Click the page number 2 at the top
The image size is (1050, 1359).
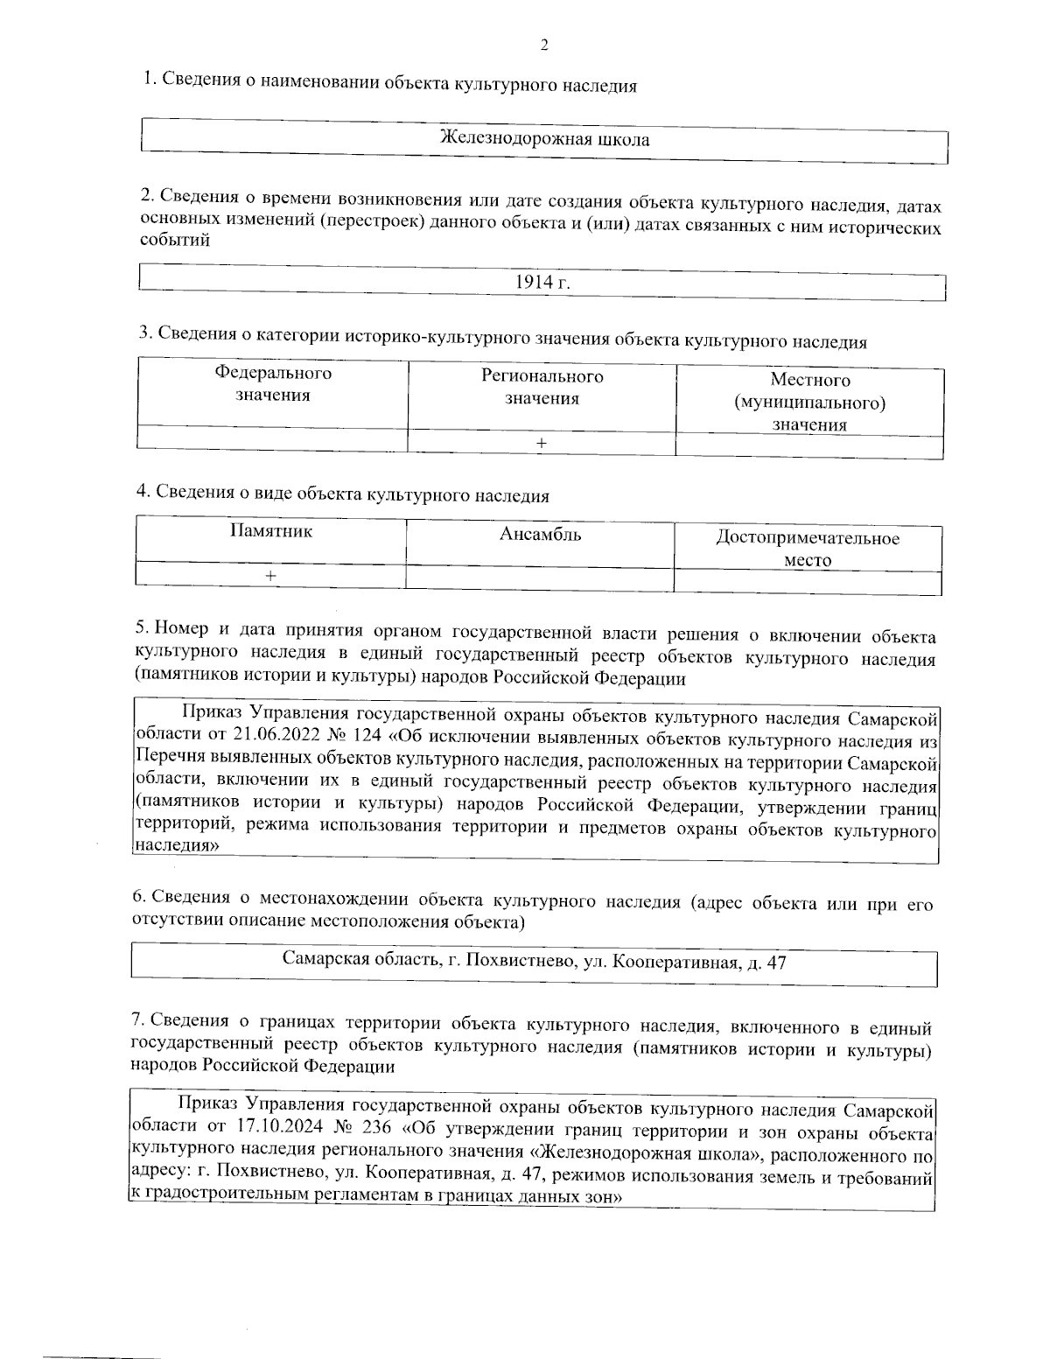coord(544,46)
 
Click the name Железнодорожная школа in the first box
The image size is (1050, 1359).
coord(543,139)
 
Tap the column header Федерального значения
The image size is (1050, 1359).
coord(273,384)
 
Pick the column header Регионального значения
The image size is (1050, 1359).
coord(542,388)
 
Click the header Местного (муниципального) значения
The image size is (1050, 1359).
coord(809,403)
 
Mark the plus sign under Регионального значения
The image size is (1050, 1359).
coord(542,444)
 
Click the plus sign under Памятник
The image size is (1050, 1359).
coord(271,576)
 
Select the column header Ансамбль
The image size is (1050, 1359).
coord(540,535)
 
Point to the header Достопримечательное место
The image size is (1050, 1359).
coord(807,549)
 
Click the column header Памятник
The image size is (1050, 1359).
coord(271,531)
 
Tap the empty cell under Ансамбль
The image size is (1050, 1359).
coord(540,578)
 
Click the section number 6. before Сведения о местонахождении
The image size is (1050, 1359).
coord(138,897)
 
